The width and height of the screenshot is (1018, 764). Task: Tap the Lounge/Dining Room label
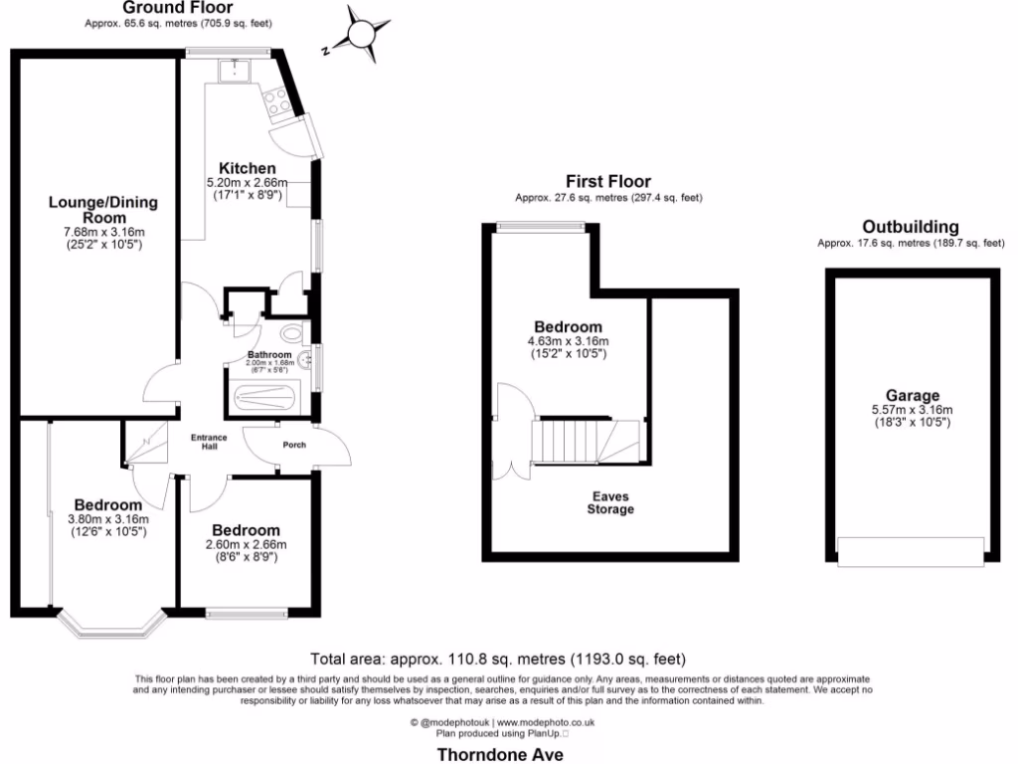pyautogui.click(x=103, y=209)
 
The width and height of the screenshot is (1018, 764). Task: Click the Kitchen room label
pyautogui.click(x=247, y=168)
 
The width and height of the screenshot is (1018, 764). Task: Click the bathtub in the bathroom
pyautogui.click(x=263, y=398)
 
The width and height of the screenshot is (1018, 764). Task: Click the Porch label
pyautogui.click(x=294, y=445)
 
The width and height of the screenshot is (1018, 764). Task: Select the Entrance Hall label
pyautogui.click(x=210, y=442)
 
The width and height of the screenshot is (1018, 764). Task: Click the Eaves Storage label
pyautogui.click(x=610, y=502)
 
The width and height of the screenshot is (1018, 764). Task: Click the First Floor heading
pyautogui.click(x=608, y=181)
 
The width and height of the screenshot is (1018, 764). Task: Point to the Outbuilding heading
pyautogui.click(x=911, y=226)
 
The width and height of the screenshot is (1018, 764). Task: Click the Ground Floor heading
pyautogui.click(x=164, y=8)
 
